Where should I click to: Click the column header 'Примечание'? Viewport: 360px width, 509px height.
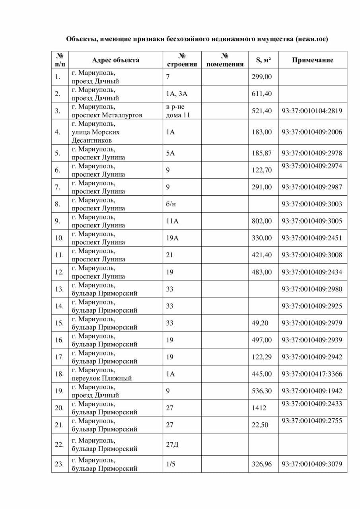(312, 60)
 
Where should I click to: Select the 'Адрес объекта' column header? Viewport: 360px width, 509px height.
(116, 60)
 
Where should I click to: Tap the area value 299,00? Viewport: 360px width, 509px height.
(262, 77)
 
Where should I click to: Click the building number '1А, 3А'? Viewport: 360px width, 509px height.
(177, 94)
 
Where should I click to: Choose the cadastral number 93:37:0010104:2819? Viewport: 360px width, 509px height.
(311, 111)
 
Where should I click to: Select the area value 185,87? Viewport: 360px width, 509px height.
(262, 153)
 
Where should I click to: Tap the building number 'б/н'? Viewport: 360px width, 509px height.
(171, 204)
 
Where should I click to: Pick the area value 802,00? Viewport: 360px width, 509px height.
(262, 221)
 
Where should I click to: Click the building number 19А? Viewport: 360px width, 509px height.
(173, 238)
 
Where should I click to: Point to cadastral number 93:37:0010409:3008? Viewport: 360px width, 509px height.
(311, 255)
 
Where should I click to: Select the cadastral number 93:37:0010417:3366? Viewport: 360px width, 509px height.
(311, 374)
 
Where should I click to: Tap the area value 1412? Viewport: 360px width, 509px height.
(259, 408)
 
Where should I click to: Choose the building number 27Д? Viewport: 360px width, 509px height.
(172, 445)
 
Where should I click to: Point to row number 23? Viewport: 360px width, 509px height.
(59, 464)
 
